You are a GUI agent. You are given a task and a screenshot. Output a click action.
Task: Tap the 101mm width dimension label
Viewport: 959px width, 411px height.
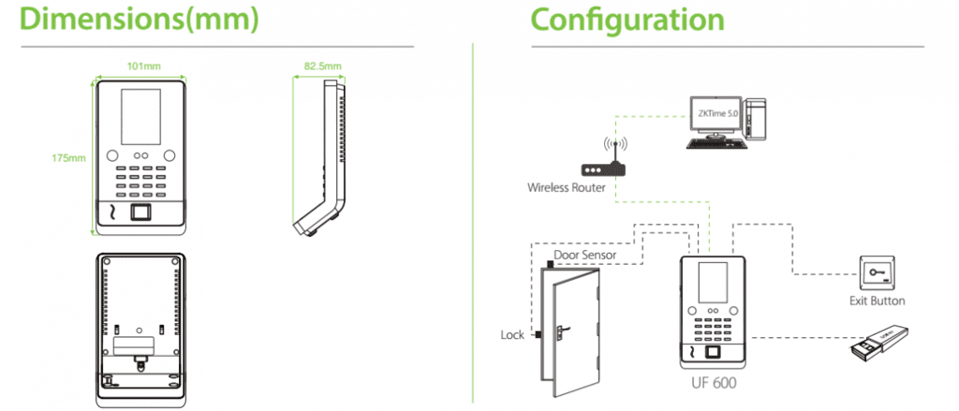(142, 66)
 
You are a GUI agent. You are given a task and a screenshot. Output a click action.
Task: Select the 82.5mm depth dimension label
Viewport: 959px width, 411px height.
(322, 66)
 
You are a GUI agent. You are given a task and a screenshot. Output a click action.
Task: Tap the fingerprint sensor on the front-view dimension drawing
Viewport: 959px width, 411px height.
(142, 213)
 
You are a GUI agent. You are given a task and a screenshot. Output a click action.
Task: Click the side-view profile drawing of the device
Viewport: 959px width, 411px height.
(322, 159)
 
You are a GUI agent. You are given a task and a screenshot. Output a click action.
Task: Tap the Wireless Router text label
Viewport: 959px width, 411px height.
(565, 188)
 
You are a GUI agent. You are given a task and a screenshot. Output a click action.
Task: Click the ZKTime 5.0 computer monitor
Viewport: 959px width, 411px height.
(716, 115)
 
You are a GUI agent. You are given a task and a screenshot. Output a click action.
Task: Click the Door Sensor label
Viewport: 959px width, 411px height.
(584, 254)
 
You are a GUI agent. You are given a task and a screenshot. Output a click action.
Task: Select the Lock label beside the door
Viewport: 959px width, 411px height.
(512, 334)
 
